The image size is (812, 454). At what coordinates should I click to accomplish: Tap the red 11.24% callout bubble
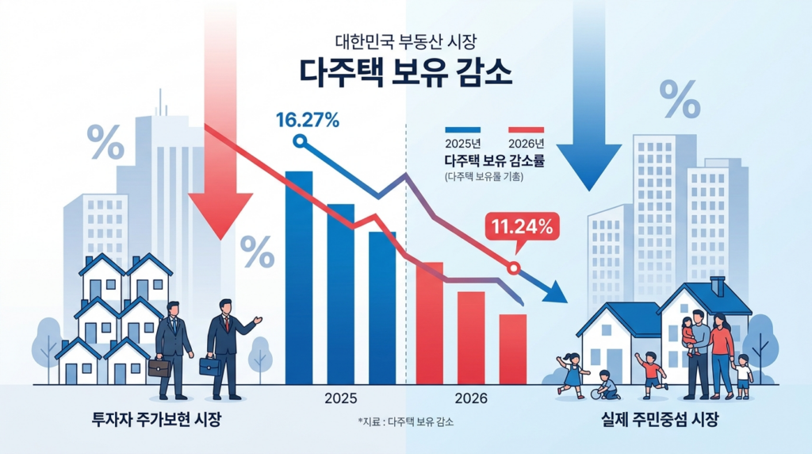523,227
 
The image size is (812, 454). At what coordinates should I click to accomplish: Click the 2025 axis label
341,398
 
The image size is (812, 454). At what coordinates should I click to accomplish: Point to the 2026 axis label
472,398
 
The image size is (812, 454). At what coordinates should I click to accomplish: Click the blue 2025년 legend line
463,129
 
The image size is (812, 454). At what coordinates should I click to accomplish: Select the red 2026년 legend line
527,129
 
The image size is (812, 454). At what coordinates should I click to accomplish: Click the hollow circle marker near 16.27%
299,141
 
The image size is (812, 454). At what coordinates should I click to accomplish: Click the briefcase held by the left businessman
159,367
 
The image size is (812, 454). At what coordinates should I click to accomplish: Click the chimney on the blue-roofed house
718,285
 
